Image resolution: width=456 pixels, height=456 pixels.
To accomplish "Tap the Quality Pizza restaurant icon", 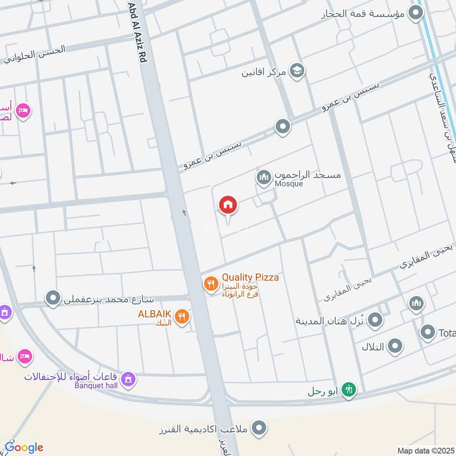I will pos(211,283).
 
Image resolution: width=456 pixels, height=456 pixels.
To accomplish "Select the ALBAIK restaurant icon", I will pos(182,317).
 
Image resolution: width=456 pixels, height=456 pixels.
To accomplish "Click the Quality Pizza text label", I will pos(250,278).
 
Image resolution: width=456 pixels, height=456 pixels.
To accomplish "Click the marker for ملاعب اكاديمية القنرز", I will pos(259,427).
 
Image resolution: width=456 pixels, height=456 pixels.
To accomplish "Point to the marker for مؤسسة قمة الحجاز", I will pos(418,13).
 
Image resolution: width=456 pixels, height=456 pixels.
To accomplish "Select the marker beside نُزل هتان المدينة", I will pos(375,321).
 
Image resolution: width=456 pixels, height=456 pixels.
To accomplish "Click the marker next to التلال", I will pos(394,345).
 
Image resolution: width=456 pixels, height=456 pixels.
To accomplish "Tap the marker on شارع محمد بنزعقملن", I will pos(53,298).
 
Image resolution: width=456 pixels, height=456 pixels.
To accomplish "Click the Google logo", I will pos(24,447).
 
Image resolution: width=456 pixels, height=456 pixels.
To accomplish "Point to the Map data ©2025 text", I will pos(425,450).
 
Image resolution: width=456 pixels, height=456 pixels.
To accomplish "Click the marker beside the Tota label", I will pos(428,332).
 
